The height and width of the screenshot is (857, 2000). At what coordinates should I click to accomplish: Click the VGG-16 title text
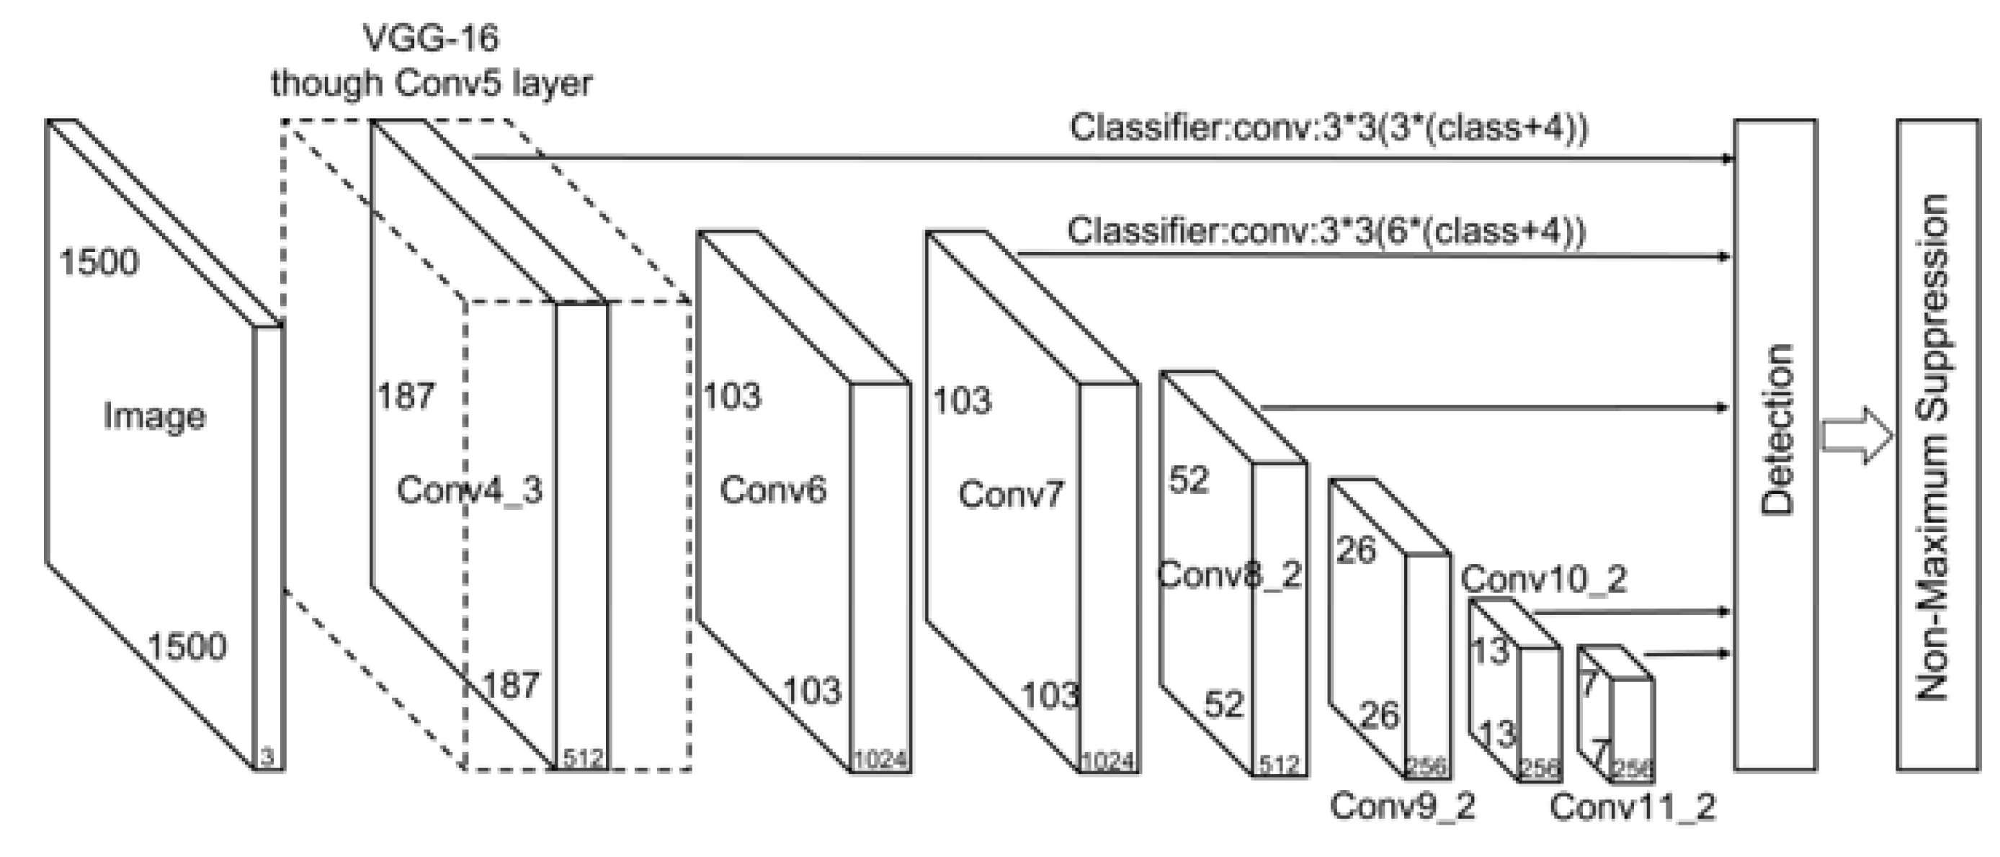tap(431, 37)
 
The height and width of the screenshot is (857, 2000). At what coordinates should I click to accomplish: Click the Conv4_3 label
tap(469, 490)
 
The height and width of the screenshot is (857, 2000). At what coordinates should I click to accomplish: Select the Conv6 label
tap(772, 490)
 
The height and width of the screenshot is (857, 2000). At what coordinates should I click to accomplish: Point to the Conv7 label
tap(1011, 494)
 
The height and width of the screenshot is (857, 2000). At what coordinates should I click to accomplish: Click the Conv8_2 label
tap(1229, 575)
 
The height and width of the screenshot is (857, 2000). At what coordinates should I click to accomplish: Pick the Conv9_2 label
tap(1402, 805)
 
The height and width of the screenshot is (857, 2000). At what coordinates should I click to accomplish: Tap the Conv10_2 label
tap(1543, 579)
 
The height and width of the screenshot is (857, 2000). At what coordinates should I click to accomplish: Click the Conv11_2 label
tap(1633, 807)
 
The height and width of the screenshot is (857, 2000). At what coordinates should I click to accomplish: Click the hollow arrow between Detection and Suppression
tap(1857, 435)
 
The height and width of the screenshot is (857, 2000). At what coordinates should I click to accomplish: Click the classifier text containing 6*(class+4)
tap(1326, 231)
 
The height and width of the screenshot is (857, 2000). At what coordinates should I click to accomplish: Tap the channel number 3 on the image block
tap(267, 757)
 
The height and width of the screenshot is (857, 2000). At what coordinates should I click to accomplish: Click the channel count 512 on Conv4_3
tap(583, 758)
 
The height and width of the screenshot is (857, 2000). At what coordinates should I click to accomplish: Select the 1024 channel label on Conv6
tap(880, 760)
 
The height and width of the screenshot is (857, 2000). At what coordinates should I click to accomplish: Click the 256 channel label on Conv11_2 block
tap(1632, 768)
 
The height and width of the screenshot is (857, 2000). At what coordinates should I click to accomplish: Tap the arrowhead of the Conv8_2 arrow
tap(1726, 408)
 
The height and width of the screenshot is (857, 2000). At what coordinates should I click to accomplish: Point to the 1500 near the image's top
tap(99, 261)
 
